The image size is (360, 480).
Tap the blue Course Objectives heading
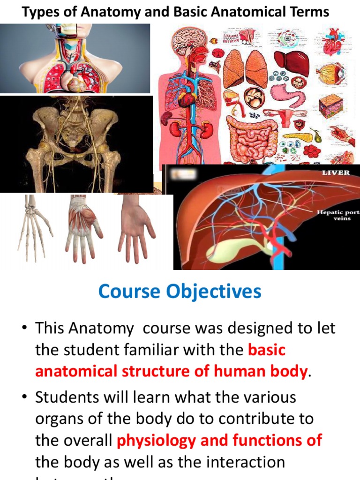(x=180, y=292)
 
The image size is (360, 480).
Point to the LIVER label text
(x=336, y=172)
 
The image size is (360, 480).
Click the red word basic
(x=267, y=350)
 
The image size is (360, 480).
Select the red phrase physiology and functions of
(x=219, y=440)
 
